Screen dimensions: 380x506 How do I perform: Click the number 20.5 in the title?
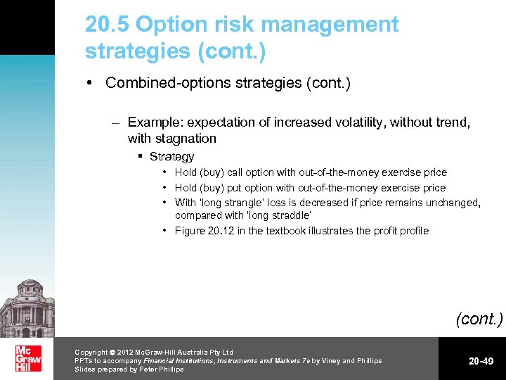point(108,25)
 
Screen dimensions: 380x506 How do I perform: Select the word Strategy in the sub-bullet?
point(171,157)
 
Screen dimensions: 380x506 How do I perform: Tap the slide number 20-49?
point(481,361)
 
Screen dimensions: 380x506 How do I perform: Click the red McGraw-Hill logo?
point(28,358)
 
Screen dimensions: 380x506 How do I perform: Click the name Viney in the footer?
point(328,361)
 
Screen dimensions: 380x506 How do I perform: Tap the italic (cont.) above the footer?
point(479,319)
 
